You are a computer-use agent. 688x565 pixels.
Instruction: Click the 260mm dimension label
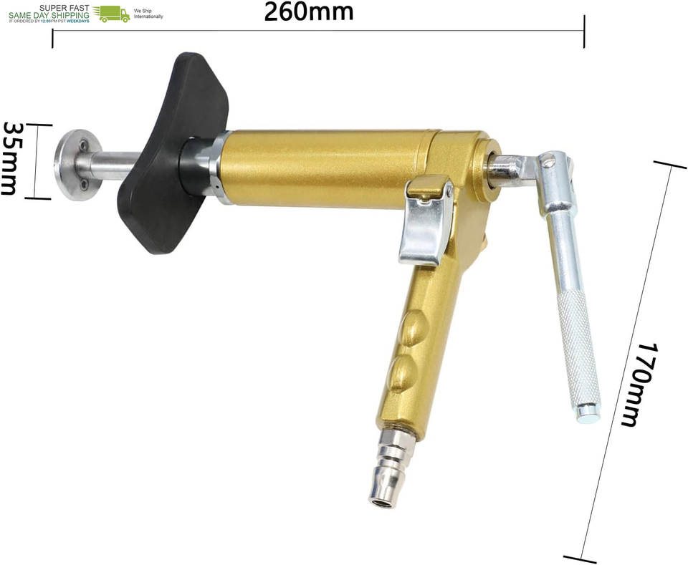pyautogui.click(x=308, y=12)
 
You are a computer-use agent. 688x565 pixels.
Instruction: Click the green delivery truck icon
pyautogui.click(x=112, y=14)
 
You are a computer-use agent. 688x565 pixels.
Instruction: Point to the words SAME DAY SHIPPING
pyautogui.click(x=49, y=15)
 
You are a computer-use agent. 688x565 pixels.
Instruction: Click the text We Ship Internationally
pyautogui.click(x=148, y=14)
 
